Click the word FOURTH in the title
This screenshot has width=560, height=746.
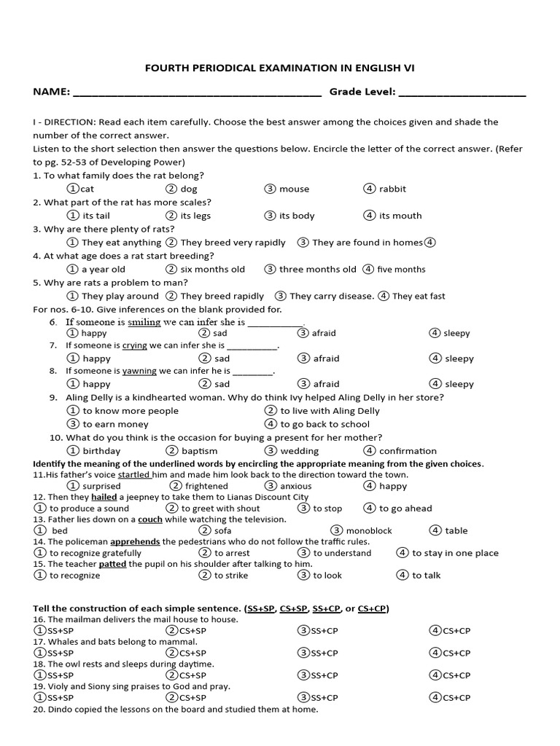point(166,68)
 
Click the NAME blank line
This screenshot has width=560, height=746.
point(197,94)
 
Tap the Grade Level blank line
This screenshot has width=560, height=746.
point(462,94)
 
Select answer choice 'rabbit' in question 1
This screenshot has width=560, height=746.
point(392,189)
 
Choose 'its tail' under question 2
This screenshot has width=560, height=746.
point(96,216)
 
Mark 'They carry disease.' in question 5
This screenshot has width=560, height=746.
point(331,297)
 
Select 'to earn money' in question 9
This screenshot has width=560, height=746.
point(115,424)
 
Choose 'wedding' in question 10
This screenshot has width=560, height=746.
point(299,451)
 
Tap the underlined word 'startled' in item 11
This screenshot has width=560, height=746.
point(134,474)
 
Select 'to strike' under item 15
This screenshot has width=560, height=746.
point(230,576)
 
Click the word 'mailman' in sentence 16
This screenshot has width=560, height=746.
point(85,619)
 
